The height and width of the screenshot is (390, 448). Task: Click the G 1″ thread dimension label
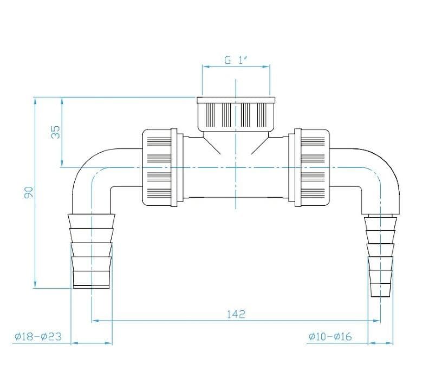[236, 60]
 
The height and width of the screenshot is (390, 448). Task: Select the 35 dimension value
[56, 132]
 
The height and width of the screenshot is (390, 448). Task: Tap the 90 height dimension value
[29, 192]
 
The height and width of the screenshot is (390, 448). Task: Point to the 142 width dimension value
[236, 314]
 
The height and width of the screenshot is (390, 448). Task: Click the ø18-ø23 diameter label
[38, 336]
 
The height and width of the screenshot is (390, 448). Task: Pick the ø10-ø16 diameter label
[330, 336]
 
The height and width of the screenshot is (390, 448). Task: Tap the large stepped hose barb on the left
[92, 251]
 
